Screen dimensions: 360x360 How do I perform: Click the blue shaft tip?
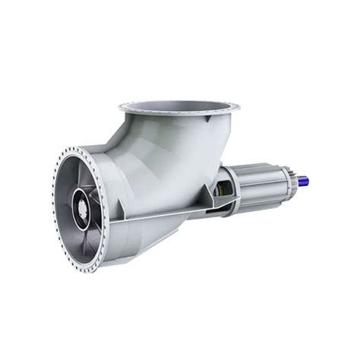(x=304, y=182)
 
